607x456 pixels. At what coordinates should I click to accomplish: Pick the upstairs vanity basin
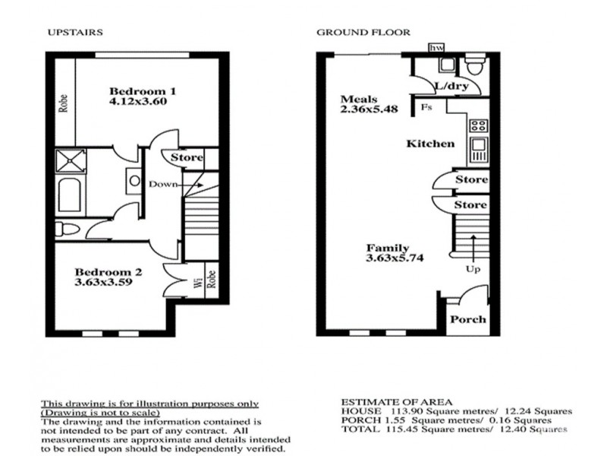134,181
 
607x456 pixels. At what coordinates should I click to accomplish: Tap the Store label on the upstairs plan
187,158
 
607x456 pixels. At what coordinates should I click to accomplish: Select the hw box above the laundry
436,47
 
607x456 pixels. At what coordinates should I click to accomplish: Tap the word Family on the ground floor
388,248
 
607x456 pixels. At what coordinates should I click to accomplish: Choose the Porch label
468,319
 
